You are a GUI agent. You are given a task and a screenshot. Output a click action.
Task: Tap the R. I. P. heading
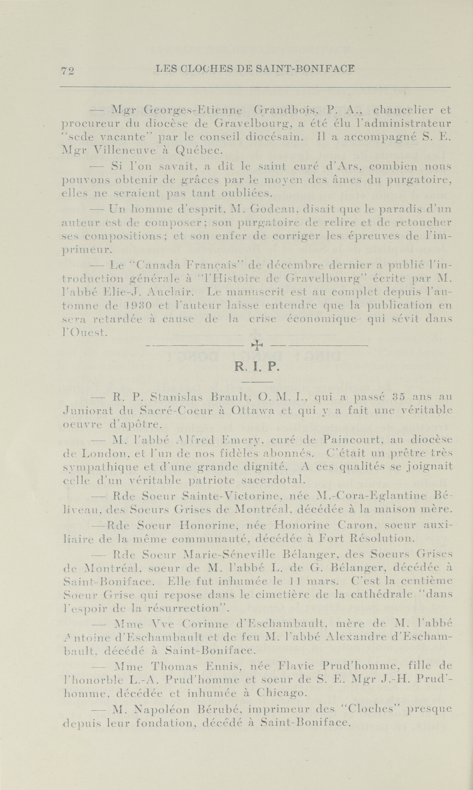tap(257, 368)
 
